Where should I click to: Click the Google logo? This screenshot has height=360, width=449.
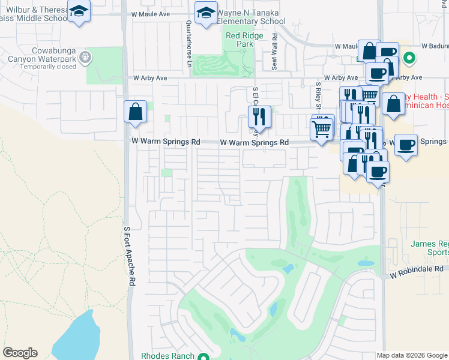(x=20, y=353)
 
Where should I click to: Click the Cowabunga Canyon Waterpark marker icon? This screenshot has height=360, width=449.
(x=85, y=58)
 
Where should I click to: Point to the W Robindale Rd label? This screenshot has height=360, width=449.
(x=416, y=274)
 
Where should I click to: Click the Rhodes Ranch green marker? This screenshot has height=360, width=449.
(x=204, y=356)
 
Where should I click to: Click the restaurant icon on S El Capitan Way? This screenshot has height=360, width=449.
(x=259, y=116)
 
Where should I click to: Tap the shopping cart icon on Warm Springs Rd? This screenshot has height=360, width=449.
(x=322, y=128)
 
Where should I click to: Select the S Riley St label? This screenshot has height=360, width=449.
(x=318, y=94)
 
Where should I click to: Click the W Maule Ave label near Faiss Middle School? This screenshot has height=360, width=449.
(x=148, y=13)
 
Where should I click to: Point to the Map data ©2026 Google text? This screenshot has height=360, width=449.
(x=411, y=355)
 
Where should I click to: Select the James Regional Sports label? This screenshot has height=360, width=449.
(x=430, y=248)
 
